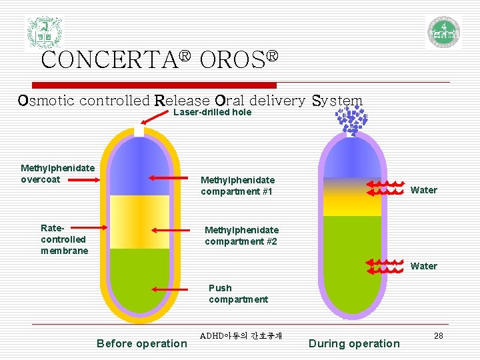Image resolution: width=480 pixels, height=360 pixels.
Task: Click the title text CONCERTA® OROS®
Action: pos(159,59)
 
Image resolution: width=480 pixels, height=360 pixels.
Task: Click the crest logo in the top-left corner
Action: pos(44,32)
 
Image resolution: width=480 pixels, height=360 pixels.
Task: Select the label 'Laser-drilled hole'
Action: pos(212,113)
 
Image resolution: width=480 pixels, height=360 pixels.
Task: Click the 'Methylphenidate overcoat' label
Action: pos(57,173)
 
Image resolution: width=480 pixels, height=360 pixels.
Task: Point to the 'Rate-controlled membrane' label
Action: pos(64,239)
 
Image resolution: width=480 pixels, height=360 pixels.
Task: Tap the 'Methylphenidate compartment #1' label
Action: pos(237,185)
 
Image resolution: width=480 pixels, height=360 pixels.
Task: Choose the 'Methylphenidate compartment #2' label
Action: pos(241,235)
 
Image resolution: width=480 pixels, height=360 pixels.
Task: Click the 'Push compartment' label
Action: pos(238,293)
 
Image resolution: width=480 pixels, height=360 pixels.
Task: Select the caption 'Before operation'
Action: pos(142,343)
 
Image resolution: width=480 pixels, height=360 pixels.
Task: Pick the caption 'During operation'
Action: pos(354,343)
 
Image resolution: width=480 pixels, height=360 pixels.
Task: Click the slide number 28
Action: pos(438,335)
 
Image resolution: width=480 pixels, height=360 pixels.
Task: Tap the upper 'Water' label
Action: pos(424,190)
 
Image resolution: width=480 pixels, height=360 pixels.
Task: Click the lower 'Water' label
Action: pos(424,266)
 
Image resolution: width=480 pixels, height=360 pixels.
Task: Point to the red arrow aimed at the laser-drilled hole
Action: pos(157,119)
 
